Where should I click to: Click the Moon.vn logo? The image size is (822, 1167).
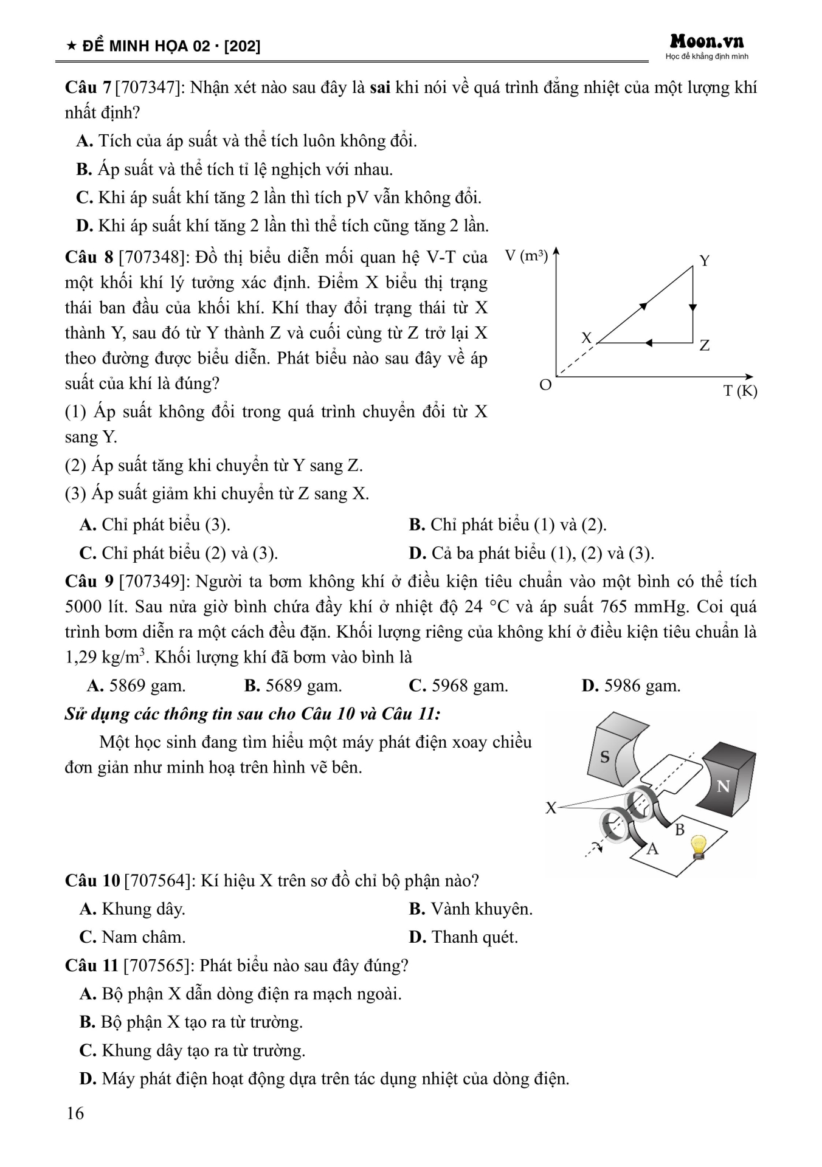pyautogui.click(x=706, y=41)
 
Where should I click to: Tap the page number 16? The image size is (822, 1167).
pyautogui.click(x=75, y=1113)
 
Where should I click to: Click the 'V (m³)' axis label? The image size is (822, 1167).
pyautogui.click(x=527, y=256)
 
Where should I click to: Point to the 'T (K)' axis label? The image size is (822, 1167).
pyautogui.click(x=740, y=391)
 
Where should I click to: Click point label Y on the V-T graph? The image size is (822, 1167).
pyautogui.click(x=705, y=261)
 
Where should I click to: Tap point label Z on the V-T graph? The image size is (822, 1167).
pyautogui.click(x=705, y=346)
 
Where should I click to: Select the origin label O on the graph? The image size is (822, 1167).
pyautogui.click(x=545, y=385)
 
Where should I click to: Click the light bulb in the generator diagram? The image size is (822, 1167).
pyautogui.click(x=699, y=845)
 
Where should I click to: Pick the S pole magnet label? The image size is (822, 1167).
pyautogui.click(x=605, y=757)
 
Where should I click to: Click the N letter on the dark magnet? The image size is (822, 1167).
pyautogui.click(x=723, y=787)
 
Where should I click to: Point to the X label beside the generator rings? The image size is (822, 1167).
pyautogui.click(x=551, y=808)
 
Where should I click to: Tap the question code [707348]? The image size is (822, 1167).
pyautogui.click(x=154, y=258)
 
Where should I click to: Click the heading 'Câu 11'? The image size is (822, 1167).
pyautogui.click(x=91, y=965)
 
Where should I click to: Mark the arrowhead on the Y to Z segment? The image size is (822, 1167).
pyautogui.click(x=692, y=308)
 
